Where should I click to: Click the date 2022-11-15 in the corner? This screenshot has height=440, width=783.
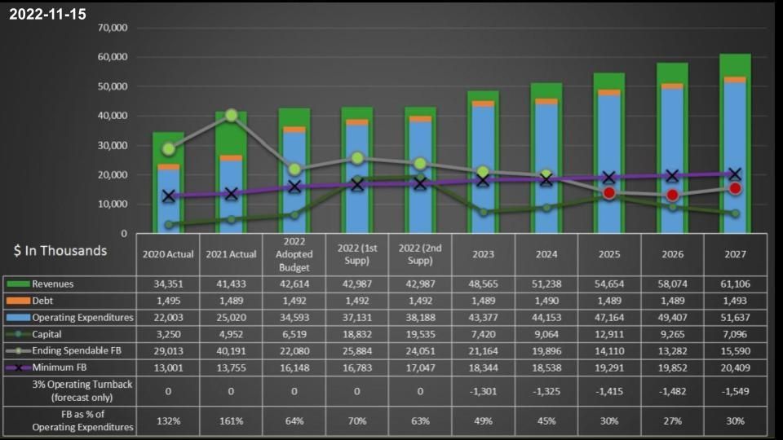(x=47, y=15)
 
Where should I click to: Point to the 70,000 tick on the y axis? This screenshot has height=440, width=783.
(x=113, y=28)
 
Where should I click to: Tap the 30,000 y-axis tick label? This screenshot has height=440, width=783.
(x=113, y=145)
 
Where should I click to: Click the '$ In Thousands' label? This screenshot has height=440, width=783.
(x=60, y=251)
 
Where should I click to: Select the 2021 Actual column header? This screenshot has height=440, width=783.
(x=231, y=254)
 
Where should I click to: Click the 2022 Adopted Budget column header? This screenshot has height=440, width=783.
(x=294, y=254)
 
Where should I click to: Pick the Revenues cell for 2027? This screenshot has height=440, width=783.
(x=735, y=284)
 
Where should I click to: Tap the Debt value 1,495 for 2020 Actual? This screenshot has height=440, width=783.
(x=168, y=301)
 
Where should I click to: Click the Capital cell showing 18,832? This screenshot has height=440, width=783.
(x=357, y=334)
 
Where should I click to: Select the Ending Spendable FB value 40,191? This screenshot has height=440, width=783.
(x=231, y=350)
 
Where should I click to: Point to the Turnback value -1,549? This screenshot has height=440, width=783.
(x=735, y=390)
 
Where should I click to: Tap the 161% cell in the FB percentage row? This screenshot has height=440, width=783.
(x=231, y=421)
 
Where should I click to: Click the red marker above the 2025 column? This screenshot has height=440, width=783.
(x=609, y=193)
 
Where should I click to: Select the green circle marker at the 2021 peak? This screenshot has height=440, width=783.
(x=231, y=116)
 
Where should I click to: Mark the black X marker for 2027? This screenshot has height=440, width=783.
(x=735, y=174)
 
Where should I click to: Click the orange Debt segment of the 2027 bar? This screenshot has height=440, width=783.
(x=735, y=80)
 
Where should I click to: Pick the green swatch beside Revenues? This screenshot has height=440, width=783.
(x=18, y=284)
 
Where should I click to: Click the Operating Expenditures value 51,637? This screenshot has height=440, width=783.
(x=735, y=318)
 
